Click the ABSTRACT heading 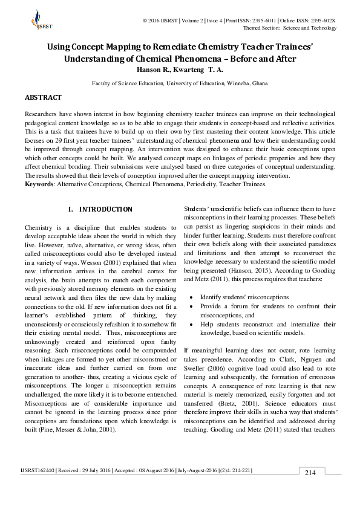[x=42, y=97]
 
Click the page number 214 [x=310, y=472]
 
